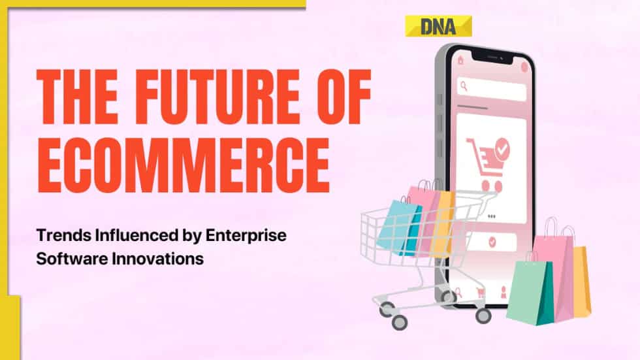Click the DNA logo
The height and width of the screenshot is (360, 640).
click(x=438, y=26)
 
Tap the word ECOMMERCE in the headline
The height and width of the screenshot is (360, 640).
click(x=182, y=159)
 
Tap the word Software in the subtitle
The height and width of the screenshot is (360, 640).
click(x=67, y=259)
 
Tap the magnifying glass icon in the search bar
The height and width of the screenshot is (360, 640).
click(x=463, y=85)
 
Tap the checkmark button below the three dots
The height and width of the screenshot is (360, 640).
click(x=491, y=242)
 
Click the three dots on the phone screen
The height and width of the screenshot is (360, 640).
click(x=491, y=216)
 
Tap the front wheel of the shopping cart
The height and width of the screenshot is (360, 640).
click(x=396, y=322)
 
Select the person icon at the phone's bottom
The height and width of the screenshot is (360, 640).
click(x=503, y=291)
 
